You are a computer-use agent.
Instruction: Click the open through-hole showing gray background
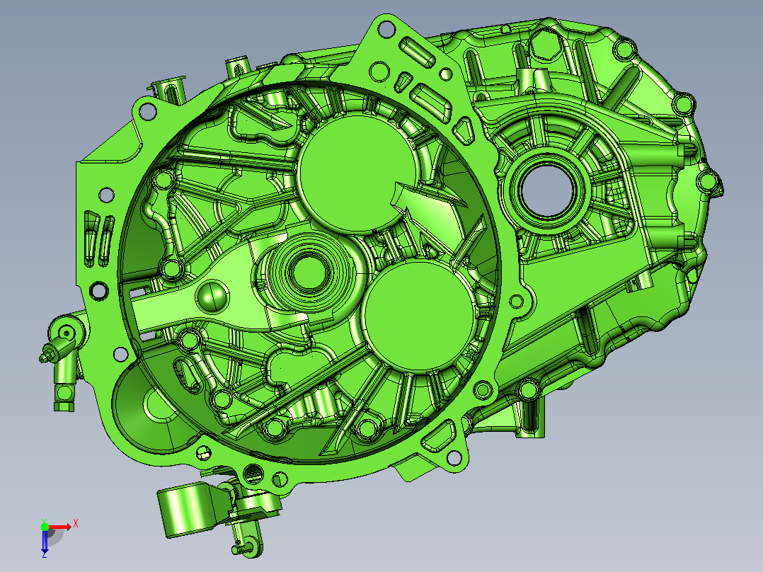tap(546, 190)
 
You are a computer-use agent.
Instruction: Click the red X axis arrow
tap(60, 527)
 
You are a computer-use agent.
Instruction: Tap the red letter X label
tap(76, 524)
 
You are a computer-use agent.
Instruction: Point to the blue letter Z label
tap(45, 554)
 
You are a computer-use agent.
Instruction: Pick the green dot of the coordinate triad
tap(45, 527)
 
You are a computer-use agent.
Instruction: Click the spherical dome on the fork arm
tap(212, 295)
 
